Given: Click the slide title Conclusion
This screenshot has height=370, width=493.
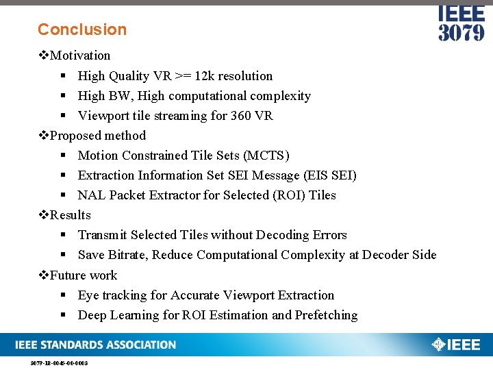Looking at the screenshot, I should (82, 29).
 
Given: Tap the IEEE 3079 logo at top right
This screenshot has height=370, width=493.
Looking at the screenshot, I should (461, 23).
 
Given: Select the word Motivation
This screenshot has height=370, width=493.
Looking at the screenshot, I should (80, 56).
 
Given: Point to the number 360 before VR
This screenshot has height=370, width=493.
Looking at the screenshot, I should (240, 116).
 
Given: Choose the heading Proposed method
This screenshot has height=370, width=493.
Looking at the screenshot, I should (98, 136).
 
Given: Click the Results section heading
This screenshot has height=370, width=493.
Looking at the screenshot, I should (70, 215).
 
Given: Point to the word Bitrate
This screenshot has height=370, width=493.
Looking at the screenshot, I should (127, 255).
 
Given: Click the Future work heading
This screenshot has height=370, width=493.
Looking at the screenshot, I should (84, 275).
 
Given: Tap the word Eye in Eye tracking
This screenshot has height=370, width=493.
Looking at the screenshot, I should (88, 295).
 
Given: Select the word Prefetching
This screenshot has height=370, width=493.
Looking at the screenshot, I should (326, 315).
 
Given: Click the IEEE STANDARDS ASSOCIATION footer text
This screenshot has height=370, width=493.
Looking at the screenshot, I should (96, 345).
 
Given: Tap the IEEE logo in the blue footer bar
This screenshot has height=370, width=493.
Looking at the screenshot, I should (456, 345).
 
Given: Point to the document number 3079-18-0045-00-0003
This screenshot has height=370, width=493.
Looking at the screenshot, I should (59, 363).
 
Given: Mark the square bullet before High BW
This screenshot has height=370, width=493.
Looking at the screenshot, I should (62, 97).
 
